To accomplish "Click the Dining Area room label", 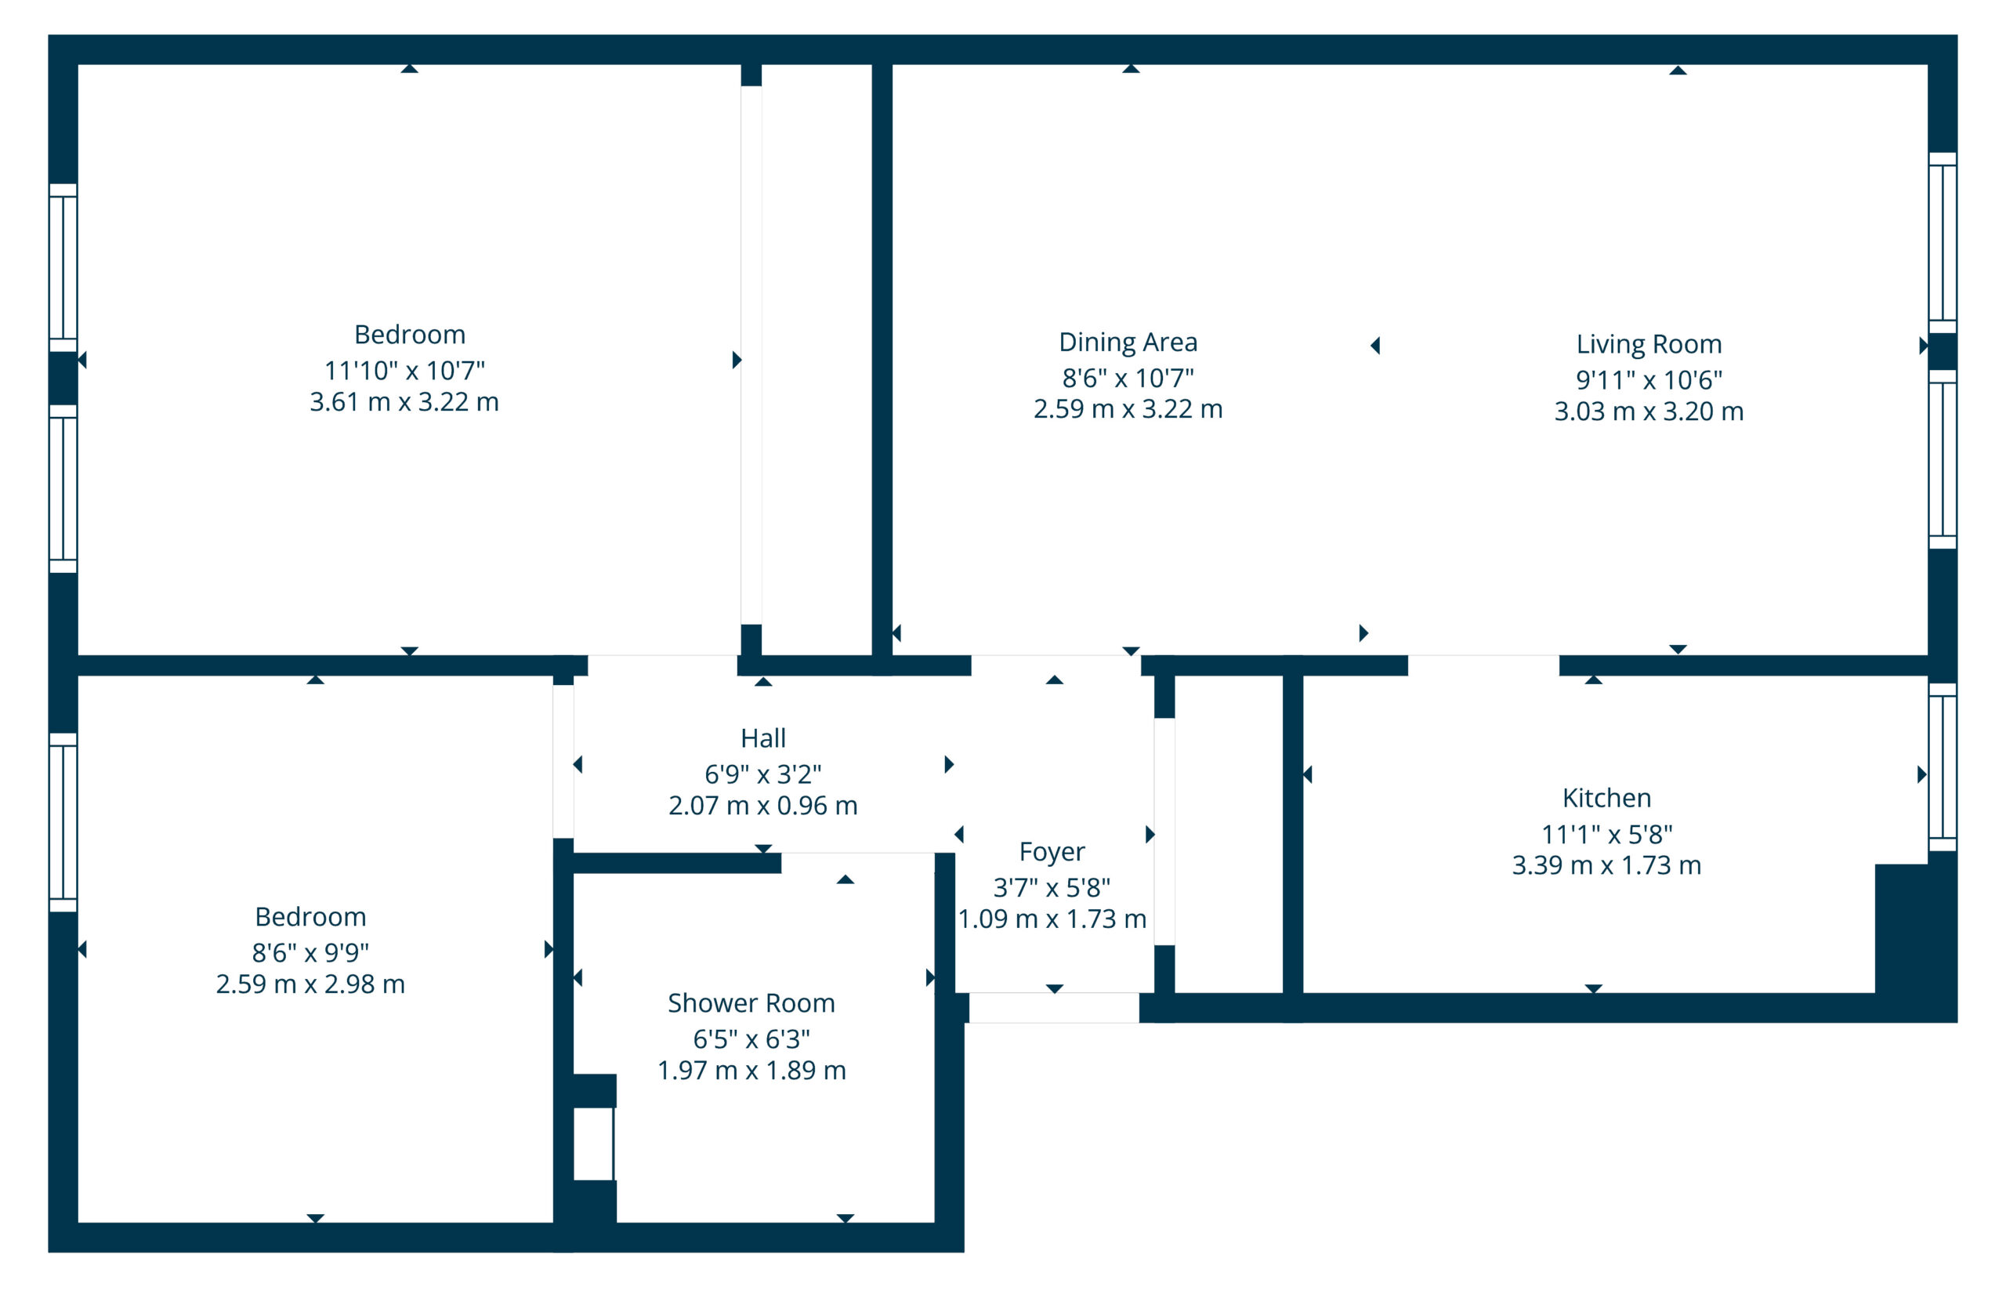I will click(1128, 342).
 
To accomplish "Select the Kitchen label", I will click(1606, 797).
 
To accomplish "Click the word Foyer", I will click(1052, 851).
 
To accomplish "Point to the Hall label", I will click(762, 738).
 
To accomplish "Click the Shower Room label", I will click(751, 1002).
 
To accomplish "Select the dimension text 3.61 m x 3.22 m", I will click(404, 401).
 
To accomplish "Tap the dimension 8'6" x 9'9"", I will click(310, 952).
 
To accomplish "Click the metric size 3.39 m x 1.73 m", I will click(1606, 864).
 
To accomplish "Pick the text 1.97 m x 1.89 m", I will click(751, 1070).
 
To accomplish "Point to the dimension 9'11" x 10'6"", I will click(1648, 380).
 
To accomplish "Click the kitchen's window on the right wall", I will click(1941, 767).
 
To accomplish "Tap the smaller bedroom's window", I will click(63, 823).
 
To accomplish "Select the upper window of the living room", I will click(1941, 243).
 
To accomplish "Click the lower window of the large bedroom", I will click(63, 489).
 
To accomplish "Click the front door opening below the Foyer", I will click(1053, 1007).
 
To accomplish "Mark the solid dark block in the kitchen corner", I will click(1915, 933).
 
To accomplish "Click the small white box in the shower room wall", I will click(593, 1144).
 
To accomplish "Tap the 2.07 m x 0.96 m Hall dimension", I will click(762, 805).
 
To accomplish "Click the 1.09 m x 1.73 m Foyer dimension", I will click(1052, 919).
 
